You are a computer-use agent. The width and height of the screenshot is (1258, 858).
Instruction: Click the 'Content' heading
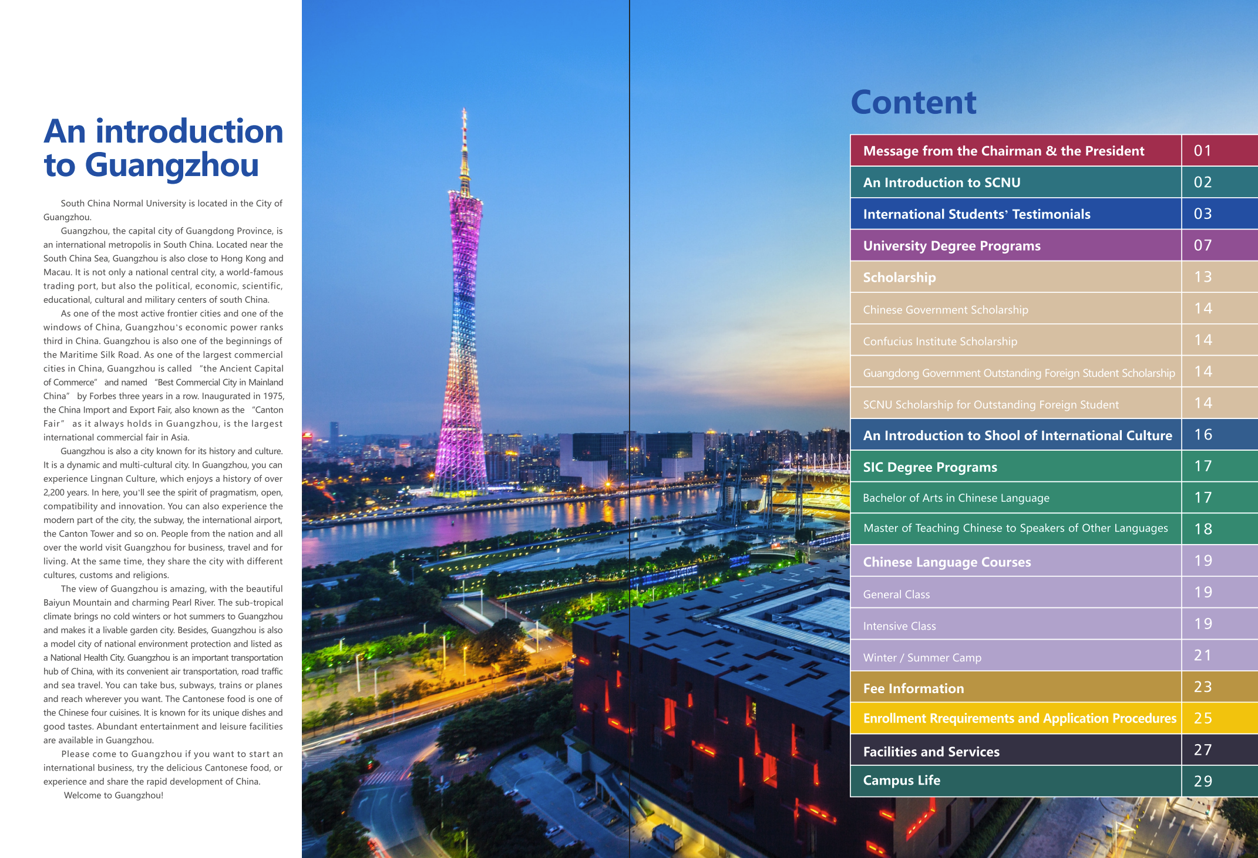coord(913,103)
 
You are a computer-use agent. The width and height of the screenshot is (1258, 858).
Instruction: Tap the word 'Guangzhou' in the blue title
coord(171,165)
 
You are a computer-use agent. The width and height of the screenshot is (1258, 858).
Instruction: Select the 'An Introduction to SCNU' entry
coord(941,183)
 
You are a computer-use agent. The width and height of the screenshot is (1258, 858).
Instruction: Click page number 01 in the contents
coord(1202,151)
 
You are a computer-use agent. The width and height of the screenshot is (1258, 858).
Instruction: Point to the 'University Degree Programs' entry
coord(951,246)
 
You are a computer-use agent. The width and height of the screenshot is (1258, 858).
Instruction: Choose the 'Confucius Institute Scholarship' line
coord(940,342)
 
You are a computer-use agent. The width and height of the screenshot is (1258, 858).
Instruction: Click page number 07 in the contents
coord(1202,245)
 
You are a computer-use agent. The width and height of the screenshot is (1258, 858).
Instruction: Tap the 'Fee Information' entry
coord(913,688)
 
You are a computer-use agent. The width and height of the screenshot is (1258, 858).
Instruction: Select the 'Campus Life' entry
coord(902,781)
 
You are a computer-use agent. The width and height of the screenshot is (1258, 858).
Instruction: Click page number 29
coord(1203,781)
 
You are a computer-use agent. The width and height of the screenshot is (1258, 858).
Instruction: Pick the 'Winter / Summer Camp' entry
coord(922,658)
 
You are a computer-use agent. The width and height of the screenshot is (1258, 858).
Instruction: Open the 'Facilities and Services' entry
coord(931,752)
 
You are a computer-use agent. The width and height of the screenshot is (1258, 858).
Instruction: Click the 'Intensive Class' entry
coord(899,626)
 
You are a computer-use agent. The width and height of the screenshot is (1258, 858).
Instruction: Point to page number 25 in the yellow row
coord(1203,718)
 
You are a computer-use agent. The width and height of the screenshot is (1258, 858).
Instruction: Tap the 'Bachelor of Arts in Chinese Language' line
coord(956,498)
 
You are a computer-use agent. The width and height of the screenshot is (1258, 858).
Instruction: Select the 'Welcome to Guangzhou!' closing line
coord(113,796)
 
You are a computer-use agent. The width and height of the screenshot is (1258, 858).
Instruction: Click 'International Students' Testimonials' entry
coord(976,214)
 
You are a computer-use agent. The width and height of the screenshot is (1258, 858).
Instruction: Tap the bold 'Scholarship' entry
coord(899,278)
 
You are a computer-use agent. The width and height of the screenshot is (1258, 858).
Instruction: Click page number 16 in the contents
coord(1203,435)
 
